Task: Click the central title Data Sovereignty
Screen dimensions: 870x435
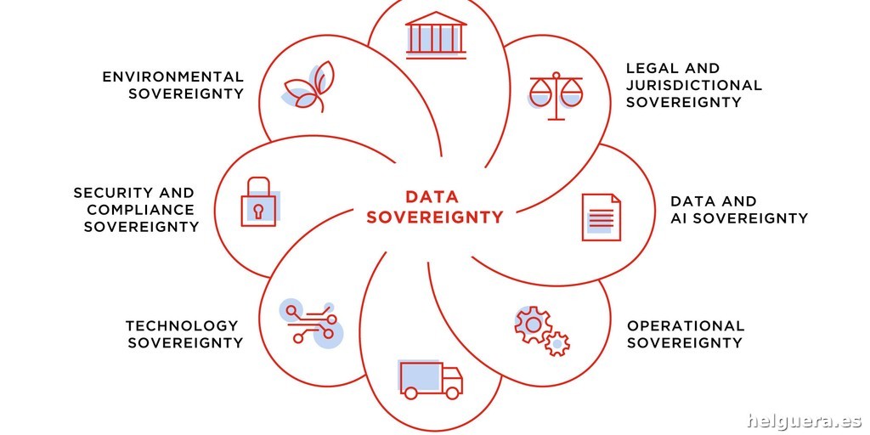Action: click(434, 206)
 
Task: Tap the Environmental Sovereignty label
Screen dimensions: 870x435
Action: click(173, 85)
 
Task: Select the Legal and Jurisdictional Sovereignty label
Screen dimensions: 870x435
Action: click(694, 85)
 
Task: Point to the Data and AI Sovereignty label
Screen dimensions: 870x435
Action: click(739, 209)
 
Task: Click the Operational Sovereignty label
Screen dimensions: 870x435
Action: click(686, 334)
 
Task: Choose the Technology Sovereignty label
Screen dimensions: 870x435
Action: click(184, 334)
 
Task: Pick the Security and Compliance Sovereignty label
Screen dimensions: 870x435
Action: click(137, 209)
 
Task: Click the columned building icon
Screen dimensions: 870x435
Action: click(436, 35)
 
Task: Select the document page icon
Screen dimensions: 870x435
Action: click(601, 217)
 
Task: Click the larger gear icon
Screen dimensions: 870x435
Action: click(533, 324)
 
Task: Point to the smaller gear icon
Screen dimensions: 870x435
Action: click(556, 344)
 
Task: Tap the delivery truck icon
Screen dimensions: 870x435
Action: click(431, 380)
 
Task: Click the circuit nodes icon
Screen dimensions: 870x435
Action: click(311, 322)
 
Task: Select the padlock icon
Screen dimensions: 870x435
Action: click(258, 202)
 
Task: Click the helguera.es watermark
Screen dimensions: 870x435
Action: click(804, 421)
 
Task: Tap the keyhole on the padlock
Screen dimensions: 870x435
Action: click(258, 211)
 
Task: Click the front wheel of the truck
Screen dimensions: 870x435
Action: click(453, 393)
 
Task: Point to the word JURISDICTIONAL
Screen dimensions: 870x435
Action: click(694, 86)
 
